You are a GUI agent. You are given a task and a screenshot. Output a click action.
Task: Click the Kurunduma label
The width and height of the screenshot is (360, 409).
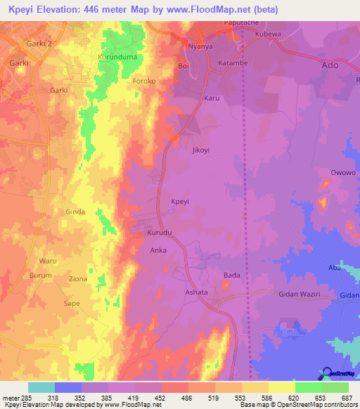pos(116,56)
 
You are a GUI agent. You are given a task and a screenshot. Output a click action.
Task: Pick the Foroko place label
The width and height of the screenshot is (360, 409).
pos(144,82)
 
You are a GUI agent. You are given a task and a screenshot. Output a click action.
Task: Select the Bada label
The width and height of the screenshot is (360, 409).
pos(232,275)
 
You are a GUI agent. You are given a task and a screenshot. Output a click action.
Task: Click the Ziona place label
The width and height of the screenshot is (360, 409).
pos(78,279)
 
